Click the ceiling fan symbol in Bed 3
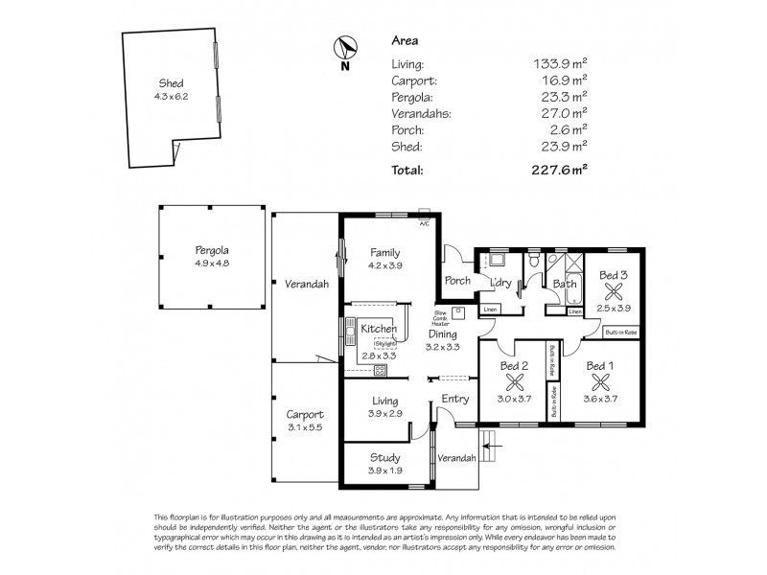[x=614, y=293]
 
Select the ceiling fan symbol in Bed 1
[x=599, y=382]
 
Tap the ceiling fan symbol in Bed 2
[x=514, y=382]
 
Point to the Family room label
[x=384, y=252]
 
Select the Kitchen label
[x=379, y=329]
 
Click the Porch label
[x=455, y=281]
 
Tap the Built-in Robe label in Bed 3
[x=621, y=333]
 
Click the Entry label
[x=454, y=400]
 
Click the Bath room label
[x=564, y=284]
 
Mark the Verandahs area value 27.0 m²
[x=560, y=114]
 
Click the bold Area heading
[x=404, y=41]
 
